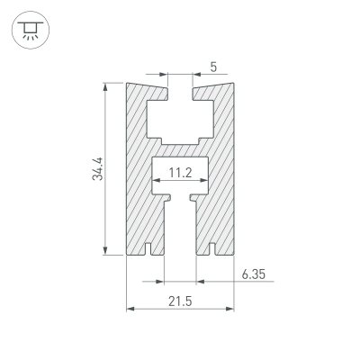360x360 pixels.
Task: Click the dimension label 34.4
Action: pyautogui.click(x=98, y=168)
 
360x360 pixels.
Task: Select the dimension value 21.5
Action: pyautogui.click(x=180, y=301)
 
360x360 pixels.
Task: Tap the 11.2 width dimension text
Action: pyautogui.click(x=180, y=173)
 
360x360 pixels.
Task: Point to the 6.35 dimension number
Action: pyautogui.click(x=254, y=274)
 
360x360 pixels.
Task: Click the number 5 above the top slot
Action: pyautogui.click(x=213, y=67)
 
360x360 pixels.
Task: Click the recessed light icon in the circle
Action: pyautogui.click(x=31, y=31)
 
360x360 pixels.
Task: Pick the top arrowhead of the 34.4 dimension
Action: pyautogui.click(x=105, y=86)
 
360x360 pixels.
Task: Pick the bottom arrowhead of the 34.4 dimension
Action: pyautogui.click(x=105, y=250)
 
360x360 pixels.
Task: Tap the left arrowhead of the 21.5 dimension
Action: pyautogui.click(x=130, y=309)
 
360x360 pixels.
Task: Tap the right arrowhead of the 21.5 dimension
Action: pyautogui.click(x=229, y=309)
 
